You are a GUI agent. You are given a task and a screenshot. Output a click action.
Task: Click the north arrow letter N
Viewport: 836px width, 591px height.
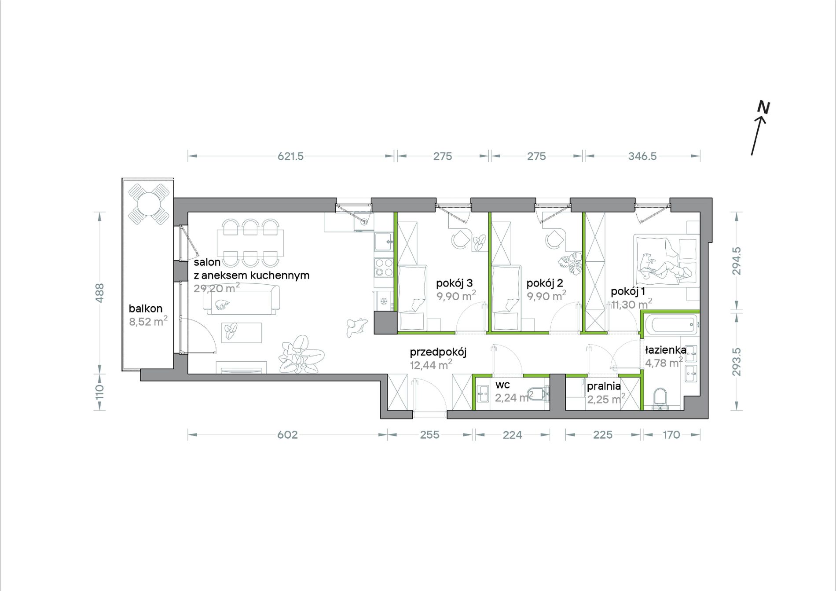click(x=763, y=107)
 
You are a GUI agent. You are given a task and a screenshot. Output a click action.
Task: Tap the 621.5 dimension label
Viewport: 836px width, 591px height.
click(x=290, y=156)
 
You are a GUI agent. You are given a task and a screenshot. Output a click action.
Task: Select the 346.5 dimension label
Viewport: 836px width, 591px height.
click(x=642, y=156)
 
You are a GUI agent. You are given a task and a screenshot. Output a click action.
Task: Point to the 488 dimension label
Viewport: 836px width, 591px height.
click(x=100, y=293)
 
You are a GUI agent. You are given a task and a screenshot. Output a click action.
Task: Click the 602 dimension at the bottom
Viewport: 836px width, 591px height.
click(x=287, y=435)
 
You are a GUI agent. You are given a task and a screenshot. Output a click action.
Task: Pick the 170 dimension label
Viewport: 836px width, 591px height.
click(x=671, y=435)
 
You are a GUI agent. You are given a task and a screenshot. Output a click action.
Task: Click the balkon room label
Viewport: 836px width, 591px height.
click(x=146, y=308)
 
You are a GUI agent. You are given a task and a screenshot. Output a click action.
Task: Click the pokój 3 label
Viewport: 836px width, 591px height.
click(x=454, y=283)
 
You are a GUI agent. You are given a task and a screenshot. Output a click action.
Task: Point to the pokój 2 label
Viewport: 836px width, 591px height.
click(x=545, y=283)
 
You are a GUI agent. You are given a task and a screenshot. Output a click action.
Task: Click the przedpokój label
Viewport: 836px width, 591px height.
click(x=438, y=352)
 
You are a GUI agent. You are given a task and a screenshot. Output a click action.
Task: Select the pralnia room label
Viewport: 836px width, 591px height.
click(x=604, y=386)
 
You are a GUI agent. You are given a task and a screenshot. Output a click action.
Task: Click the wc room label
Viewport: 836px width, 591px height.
click(x=502, y=385)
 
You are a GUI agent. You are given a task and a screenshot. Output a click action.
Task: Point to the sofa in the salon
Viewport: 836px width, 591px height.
click(x=241, y=299)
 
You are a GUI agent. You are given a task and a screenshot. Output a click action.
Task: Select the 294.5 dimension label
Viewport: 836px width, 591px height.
click(x=737, y=261)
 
